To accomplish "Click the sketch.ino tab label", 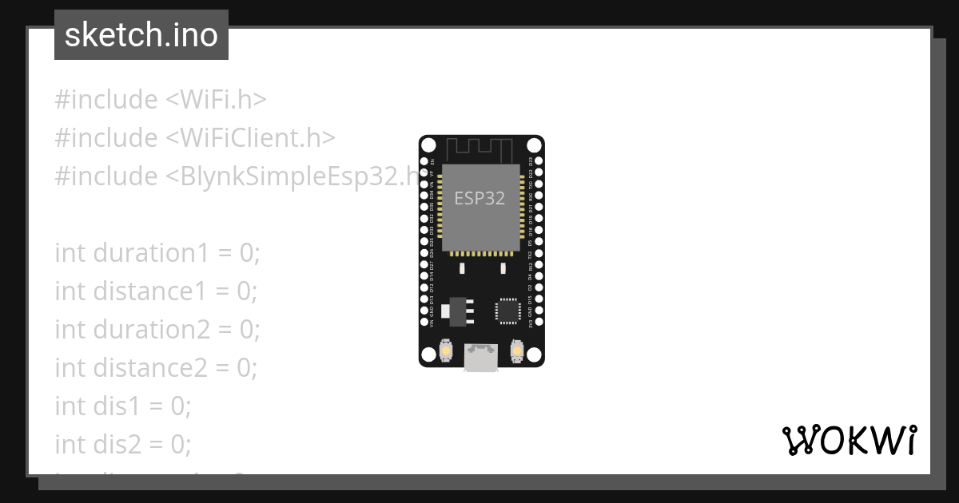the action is pyautogui.click(x=141, y=35).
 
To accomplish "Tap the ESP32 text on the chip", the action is pyautogui.click(x=479, y=198).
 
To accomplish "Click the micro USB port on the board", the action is pyautogui.click(x=481, y=358).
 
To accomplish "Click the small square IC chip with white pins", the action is pyautogui.click(x=507, y=310).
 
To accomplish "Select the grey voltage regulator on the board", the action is pyautogui.click(x=457, y=311).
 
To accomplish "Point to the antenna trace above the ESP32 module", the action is pyautogui.click(x=480, y=149).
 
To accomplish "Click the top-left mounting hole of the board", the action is pyautogui.click(x=428, y=145).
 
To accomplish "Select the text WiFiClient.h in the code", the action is pyautogui.click(x=250, y=138).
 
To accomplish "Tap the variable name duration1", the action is pyautogui.click(x=152, y=253).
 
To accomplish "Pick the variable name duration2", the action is pyautogui.click(x=152, y=330).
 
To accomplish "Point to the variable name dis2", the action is pyautogui.click(x=121, y=445).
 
